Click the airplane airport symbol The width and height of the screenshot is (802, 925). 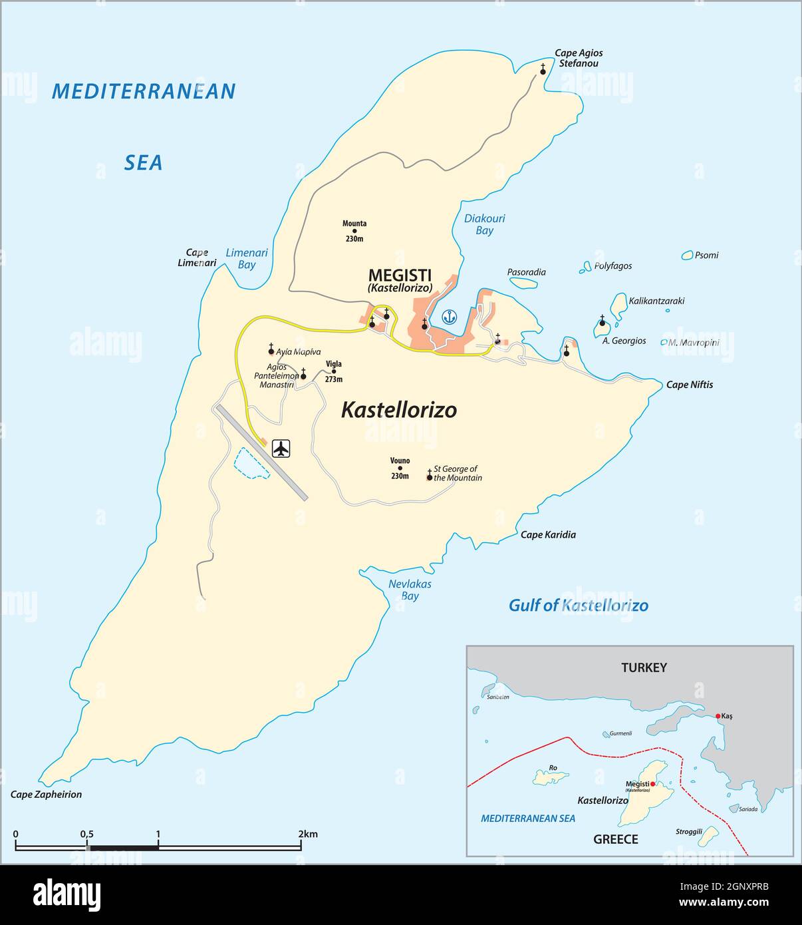[282, 449]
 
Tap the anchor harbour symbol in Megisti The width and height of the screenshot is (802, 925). [450, 317]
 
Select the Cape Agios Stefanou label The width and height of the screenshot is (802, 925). [579, 59]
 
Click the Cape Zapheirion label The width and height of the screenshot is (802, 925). [47, 794]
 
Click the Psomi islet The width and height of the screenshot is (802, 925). [687, 255]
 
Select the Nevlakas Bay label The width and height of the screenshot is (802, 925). [410, 590]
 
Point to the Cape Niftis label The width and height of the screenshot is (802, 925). [690, 385]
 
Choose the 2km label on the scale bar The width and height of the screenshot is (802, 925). [308, 834]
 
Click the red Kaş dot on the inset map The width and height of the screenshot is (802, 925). [718, 716]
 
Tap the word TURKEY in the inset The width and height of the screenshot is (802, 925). [643, 667]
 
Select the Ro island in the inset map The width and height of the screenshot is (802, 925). [551, 777]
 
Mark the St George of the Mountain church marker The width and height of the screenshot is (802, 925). [430, 477]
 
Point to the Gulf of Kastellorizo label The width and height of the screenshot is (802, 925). [578, 605]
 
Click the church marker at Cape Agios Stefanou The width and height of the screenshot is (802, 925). [543, 71]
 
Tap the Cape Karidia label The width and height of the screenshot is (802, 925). [548, 534]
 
